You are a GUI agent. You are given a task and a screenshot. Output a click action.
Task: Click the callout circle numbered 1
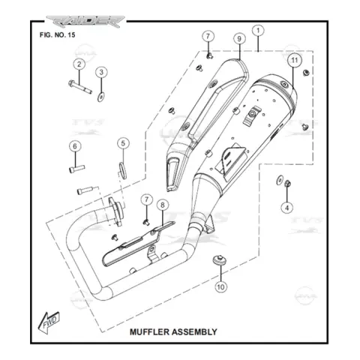click(x=258, y=31)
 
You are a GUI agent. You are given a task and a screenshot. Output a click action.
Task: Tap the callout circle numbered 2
click(x=79, y=64)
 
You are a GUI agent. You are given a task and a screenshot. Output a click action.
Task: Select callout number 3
click(x=101, y=72)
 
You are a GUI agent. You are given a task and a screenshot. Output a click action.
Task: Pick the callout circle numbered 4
click(x=287, y=208)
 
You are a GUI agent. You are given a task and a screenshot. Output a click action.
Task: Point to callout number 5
click(x=123, y=143)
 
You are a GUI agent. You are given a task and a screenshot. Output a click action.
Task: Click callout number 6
click(x=75, y=146)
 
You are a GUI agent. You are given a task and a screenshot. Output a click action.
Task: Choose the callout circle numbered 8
click(x=163, y=205)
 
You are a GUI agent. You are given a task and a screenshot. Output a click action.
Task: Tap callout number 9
click(x=239, y=39)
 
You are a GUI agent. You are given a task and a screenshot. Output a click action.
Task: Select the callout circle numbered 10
click(x=220, y=286)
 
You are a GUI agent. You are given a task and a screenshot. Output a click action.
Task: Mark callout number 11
click(x=295, y=60)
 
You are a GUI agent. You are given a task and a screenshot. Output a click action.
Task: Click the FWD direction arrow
click(x=49, y=322)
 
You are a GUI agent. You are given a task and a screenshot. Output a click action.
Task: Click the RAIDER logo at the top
click(x=85, y=22)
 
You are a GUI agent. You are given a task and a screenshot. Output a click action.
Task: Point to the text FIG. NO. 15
click(x=57, y=34)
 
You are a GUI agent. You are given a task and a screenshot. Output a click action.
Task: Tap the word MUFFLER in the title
click(x=148, y=331)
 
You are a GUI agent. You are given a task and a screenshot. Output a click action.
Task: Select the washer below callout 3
click(x=101, y=97)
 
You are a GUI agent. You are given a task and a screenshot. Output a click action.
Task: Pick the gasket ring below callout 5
click(x=122, y=171)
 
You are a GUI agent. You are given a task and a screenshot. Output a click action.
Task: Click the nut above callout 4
click(x=287, y=184)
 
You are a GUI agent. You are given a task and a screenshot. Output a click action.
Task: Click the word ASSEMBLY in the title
click(x=193, y=331)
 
